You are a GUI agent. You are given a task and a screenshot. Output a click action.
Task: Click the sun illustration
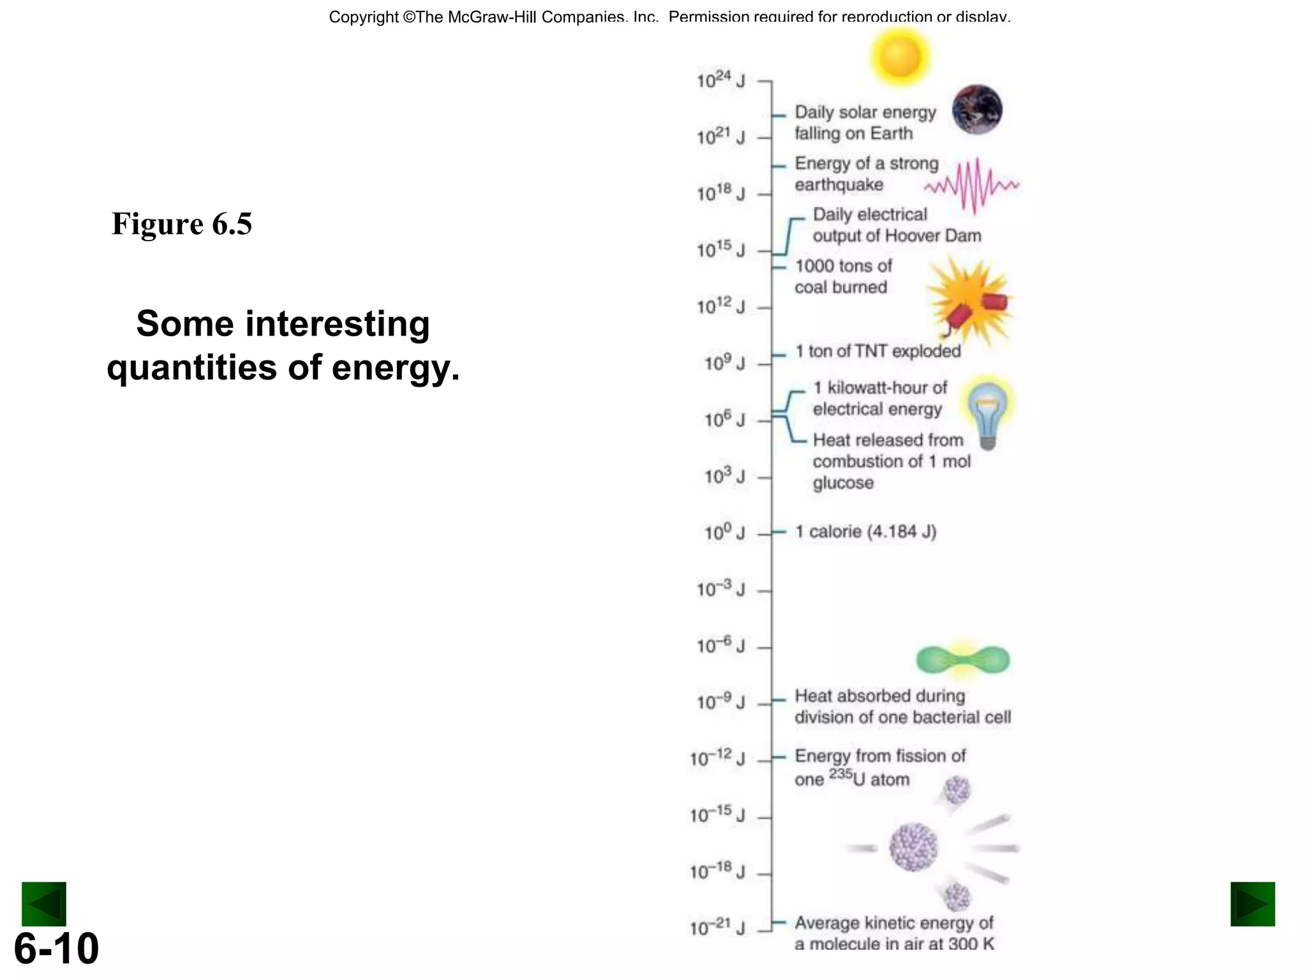(899, 56)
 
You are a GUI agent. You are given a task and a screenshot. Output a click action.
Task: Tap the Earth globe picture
(977, 110)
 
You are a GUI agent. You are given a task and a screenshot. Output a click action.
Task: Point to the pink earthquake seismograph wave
(972, 185)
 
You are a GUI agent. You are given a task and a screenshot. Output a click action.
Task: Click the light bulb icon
(987, 412)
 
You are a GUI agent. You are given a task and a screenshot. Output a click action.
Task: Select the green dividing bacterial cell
(963, 660)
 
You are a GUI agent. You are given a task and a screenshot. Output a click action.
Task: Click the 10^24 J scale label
(721, 81)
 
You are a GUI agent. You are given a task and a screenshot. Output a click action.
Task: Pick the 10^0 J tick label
(724, 532)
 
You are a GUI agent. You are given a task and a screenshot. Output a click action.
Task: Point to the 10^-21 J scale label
(717, 928)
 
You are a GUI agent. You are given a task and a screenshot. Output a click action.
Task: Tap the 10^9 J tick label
(724, 363)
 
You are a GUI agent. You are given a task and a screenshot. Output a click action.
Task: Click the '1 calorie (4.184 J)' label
(865, 531)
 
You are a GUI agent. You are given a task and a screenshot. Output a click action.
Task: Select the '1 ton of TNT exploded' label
(878, 351)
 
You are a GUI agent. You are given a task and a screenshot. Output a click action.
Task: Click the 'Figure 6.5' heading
(182, 224)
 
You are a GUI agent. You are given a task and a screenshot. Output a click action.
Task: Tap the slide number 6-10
(56, 948)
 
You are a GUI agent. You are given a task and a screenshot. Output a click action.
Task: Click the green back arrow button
(44, 903)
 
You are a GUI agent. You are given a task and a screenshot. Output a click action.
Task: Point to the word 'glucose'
(842, 483)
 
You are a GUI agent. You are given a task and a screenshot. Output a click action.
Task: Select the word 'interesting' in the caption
(338, 323)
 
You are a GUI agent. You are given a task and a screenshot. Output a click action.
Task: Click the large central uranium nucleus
(913, 847)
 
